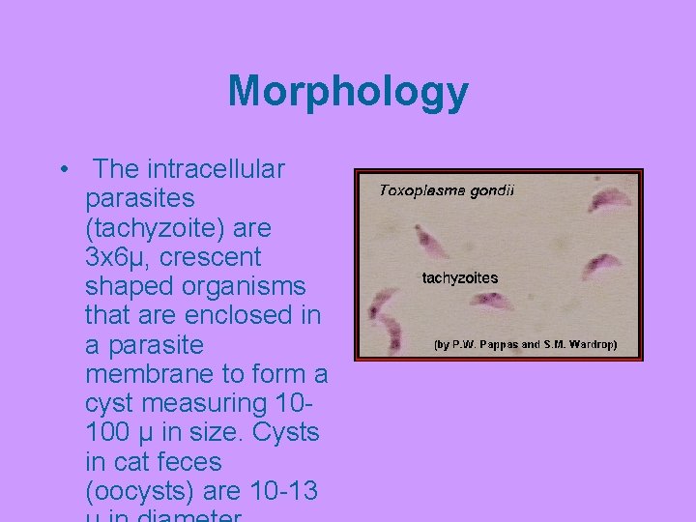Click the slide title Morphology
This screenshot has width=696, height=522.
pyautogui.click(x=348, y=93)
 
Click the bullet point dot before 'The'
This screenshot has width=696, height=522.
pyautogui.click(x=63, y=171)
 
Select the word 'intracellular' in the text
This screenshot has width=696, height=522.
pyautogui.click(x=216, y=170)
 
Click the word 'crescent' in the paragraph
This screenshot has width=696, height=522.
pyautogui.click(x=213, y=257)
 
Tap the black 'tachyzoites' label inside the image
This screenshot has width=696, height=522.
pyautogui.click(x=459, y=278)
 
